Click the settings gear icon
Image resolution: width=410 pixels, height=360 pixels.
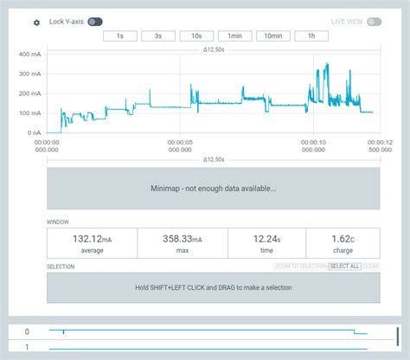coord(36,22)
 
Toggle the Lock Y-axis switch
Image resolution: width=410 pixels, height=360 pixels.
coord(94,22)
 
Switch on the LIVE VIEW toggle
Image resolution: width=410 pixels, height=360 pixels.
coord(374,22)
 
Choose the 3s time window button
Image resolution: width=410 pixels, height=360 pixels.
coord(158,36)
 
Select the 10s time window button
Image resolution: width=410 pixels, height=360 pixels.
coord(196,36)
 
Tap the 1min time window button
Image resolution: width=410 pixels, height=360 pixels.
coord(234,36)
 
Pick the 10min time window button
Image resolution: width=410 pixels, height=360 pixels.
coord(272,36)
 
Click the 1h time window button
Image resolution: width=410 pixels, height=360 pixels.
coord(311,36)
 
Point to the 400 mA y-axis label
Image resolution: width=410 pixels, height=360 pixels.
coord(29,54)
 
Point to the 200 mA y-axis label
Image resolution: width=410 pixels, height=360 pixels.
coord(29,93)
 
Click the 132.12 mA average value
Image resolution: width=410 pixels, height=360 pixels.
coord(92,239)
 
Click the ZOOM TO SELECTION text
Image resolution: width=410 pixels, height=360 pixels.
coord(300,267)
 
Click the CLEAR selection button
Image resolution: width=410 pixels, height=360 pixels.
coord(371,267)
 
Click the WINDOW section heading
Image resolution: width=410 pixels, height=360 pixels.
coord(58,222)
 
